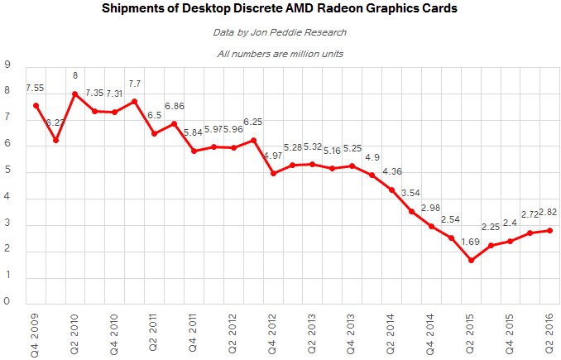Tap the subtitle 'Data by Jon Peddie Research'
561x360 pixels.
pyautogui.click(x=280, y=33)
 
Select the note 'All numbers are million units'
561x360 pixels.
pyautogui.click(x=280, y=55)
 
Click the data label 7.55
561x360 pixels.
pyautogui.click(x=36, y=88)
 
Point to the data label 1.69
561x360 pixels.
pyautogui.click(x=472, y=242)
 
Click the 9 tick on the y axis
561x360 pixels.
pyautogui.click(x=7, y=65)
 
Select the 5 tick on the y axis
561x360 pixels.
pyautogui.click(x=7, y=171)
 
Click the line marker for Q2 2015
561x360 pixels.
pyautogui.click(x=472, y=260)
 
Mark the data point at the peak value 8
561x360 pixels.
pyautogui.click(x=75, y=94)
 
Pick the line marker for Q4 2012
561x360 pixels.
pyautogui.click(x=274, y=173)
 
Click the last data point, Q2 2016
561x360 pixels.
pyautogui.click(x=550, y=230)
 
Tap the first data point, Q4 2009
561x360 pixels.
pyautogui.click(x=36, y=105)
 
